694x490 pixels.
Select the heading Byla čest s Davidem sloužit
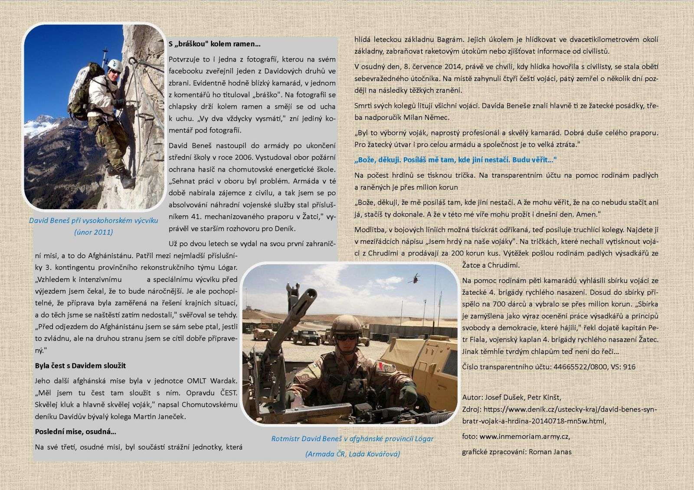point(80,365)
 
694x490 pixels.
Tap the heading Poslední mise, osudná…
point(75,432)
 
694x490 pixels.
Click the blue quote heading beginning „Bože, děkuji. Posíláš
point(455,160)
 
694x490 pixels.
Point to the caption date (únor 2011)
point(93,232)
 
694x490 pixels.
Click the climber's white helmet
point(115,65)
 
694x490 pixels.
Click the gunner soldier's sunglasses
point(346,336)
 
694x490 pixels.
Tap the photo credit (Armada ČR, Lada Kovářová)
point(352,454)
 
